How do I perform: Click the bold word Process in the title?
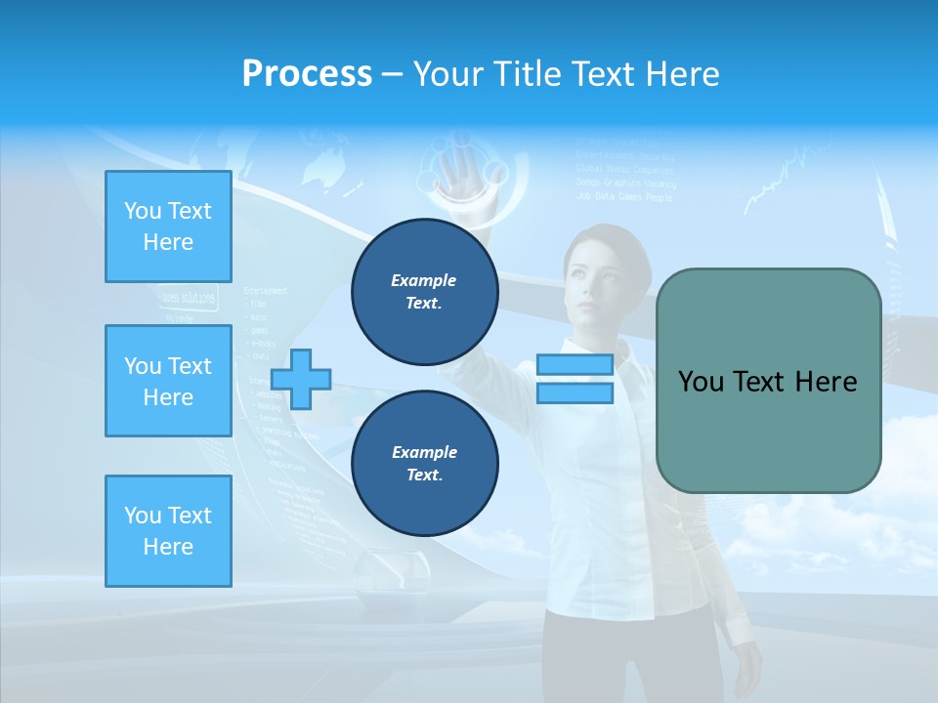coord(307,73)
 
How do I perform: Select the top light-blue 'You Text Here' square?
coord(168,227)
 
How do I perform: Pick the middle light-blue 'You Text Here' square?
coord(168,381)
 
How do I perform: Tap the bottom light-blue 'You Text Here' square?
coord(168,531)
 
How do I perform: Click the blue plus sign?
coord(301,380)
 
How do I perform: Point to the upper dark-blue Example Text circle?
coord(424,292)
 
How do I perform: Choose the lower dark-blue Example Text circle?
coord(424,464)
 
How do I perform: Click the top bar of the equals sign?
coord(575,365)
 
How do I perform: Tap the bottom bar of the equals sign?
coord(575,393)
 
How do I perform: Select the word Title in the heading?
coord(531,73)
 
